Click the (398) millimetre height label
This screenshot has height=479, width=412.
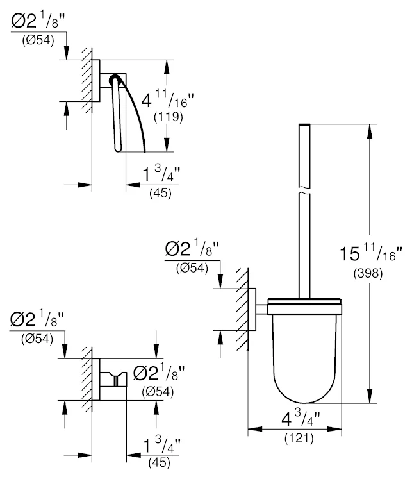[x=368, y=273]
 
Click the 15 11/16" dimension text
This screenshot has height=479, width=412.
[x=371, y=253]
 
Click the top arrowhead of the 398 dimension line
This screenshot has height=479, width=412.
[x=369, y=128]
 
